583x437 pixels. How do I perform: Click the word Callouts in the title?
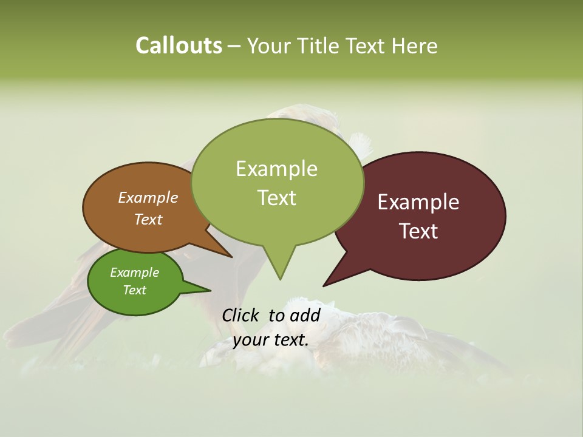[179, 46]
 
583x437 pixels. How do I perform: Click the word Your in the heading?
[270, 46]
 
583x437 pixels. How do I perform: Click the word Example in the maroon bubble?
[418, 202]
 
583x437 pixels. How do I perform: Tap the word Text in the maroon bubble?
[418, 231]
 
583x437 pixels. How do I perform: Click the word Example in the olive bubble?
[276, 169]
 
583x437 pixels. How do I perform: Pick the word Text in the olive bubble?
[276, 198]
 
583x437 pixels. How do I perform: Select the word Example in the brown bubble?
[148, 198]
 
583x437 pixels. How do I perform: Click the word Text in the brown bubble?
[148, 219]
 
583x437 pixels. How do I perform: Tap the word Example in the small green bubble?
[134, 273]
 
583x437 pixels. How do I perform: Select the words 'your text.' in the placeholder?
[270, 340]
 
